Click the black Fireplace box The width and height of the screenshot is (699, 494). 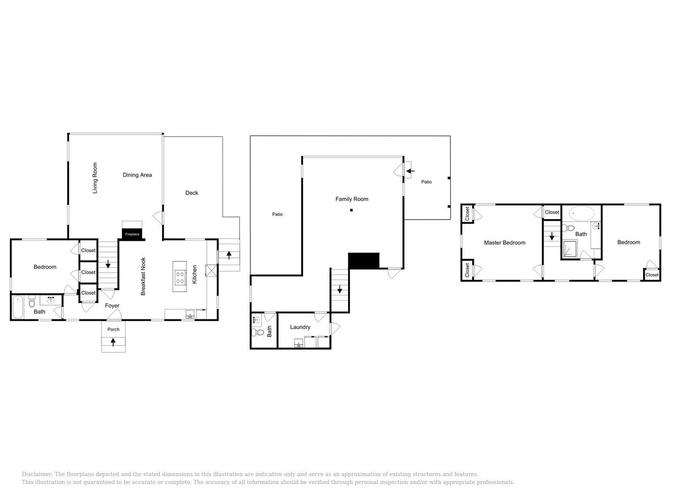[132, 234]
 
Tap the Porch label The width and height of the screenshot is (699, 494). [113, 329]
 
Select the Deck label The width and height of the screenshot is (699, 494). [192, 193]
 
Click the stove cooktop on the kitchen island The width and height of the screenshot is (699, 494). [180, 277]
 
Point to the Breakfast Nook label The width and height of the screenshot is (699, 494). [143, 277]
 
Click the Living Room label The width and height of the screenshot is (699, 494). [95, 178]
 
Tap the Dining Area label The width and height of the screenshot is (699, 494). [137, 175]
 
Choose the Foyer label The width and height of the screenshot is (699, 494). [112, 306]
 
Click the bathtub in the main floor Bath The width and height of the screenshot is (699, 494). [17, 307]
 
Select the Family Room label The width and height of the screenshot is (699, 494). [352, 199]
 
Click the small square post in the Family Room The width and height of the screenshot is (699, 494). [351, 210]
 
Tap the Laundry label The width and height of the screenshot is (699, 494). [300, 327]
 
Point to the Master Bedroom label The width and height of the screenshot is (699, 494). [505, 243]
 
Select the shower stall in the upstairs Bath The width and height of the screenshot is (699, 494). [569, 250]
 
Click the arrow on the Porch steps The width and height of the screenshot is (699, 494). [113, 342]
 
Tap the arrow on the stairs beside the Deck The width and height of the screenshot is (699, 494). [229, 255]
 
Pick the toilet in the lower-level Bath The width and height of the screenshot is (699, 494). [259, 332]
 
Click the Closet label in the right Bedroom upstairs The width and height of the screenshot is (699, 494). [652, 275]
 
